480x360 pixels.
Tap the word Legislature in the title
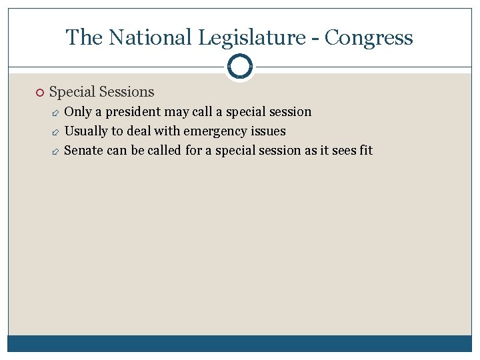coord(246,37)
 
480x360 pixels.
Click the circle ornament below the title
coord(240,67)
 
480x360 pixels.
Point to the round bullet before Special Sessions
coord(40,93)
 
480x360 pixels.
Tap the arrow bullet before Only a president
coord(56,112)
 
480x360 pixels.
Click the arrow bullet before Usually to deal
coord(56,131)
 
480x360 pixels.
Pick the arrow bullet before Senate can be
coord(56,151)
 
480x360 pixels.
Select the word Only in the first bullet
coord(77,111)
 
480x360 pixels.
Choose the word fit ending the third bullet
coord(365,150)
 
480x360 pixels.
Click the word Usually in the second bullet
coord(85,131)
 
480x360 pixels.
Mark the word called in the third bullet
coord(164,150)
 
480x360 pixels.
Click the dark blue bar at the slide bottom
coord(240,343)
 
